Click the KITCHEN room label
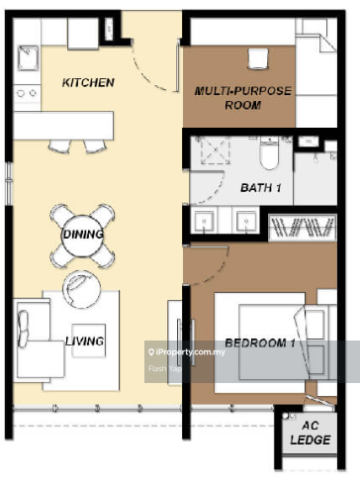coord(88,82)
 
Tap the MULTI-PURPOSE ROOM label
coord(243,98)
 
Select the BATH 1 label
coord(261,188)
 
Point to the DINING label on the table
coord(83,235)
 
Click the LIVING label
coord(85,341)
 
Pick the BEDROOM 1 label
coord(260,342)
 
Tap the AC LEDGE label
coord(311,433)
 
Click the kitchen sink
coord(28,58)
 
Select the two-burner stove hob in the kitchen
coord(27,93)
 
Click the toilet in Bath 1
coord(269,152)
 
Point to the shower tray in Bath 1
coord(216,150)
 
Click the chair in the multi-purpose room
coord(258,58)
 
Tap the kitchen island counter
coord(63,126)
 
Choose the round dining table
coord(83,236)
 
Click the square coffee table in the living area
coord(89,341)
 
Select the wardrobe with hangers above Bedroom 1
coord(303,227)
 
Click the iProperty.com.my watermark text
coord(187,352)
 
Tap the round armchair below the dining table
coord(81,289)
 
